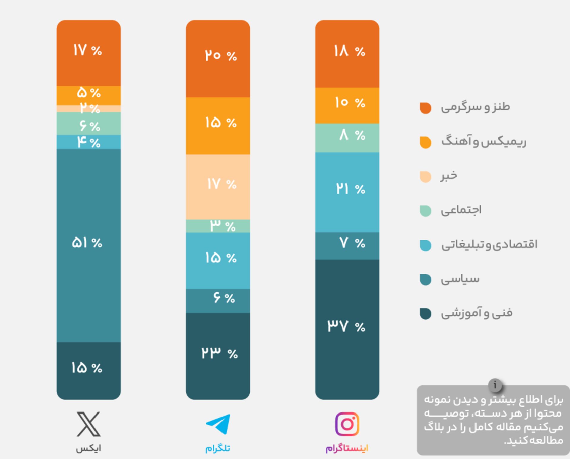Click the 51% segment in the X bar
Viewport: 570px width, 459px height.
coord(88,245)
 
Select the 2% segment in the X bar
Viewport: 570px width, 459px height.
coord(88,108)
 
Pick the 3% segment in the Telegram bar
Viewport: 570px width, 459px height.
coord(218,226)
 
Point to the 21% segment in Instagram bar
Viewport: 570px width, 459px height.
coord(347,192)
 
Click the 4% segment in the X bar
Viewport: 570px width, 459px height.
coord(88,142)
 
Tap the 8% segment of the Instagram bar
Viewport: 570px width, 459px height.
coord(347,138)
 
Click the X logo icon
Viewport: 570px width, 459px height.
coord(88,424)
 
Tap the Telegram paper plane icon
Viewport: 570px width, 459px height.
coord(218,424)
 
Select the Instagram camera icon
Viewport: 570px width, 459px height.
coord(347,424)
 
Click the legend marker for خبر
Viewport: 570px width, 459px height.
coord(425,176)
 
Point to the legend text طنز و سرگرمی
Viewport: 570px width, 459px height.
coord(475,107)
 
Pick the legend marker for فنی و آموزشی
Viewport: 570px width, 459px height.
coord(425,314)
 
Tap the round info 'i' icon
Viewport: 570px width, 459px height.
coord(495,385)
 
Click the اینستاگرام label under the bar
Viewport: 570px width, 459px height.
coord(347,448)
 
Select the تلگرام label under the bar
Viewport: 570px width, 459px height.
coord(218,448)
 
